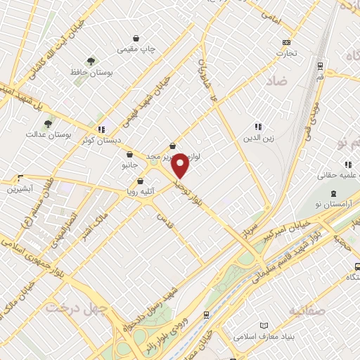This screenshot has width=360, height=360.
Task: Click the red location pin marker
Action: (180, 165)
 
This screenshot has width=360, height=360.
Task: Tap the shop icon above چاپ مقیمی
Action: (136, 38)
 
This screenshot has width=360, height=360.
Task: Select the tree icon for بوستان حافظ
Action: (90, 61)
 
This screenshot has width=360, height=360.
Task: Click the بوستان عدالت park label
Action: (46, 134)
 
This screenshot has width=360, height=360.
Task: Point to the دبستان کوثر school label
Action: (78, 140)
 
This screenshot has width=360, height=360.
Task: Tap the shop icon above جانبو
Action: (129, 155)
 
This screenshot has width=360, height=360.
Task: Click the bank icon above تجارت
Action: (286, 42)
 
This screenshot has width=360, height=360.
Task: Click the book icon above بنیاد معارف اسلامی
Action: (264, 326)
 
